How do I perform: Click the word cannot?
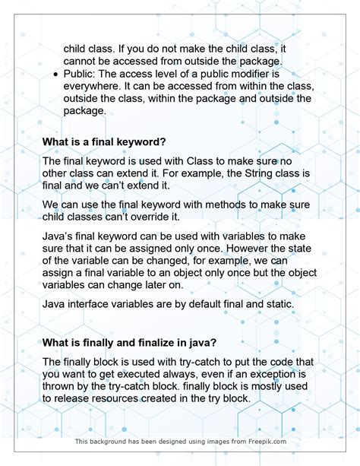(85, 62)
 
